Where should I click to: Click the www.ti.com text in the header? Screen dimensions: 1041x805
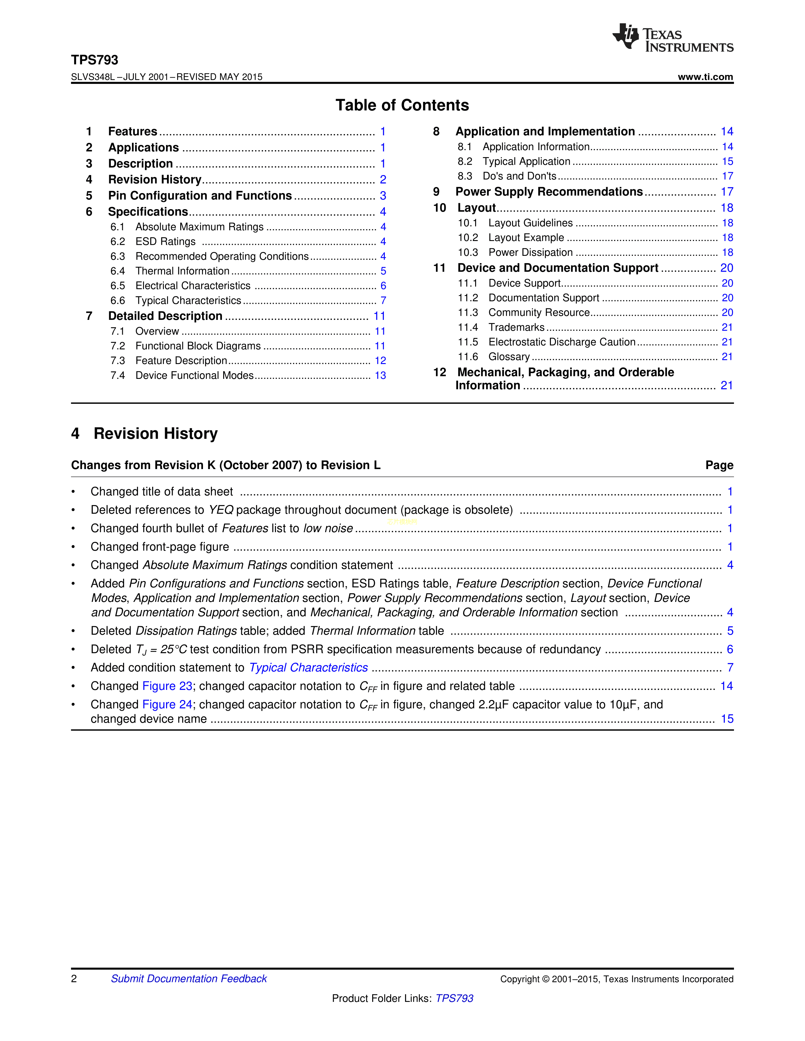705,77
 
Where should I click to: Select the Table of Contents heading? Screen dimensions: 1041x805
402,105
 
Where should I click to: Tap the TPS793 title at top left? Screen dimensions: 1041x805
94,60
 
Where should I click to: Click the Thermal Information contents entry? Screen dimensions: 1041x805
182,271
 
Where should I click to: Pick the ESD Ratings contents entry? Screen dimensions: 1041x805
165,242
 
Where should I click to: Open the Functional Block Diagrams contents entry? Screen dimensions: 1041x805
198,346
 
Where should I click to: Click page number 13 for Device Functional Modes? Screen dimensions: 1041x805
380,376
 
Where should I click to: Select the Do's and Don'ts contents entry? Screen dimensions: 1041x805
519,176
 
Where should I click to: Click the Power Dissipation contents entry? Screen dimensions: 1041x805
530,253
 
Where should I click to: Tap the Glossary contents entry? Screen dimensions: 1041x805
509,357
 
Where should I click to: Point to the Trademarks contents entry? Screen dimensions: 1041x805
516,327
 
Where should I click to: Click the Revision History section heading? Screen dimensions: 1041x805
155,434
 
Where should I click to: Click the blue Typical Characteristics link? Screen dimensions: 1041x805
308,668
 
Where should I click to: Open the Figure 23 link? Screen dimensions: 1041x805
167,686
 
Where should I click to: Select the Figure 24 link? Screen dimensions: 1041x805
167,705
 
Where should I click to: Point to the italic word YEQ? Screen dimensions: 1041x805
221,510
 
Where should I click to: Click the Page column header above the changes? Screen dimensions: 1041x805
719,465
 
